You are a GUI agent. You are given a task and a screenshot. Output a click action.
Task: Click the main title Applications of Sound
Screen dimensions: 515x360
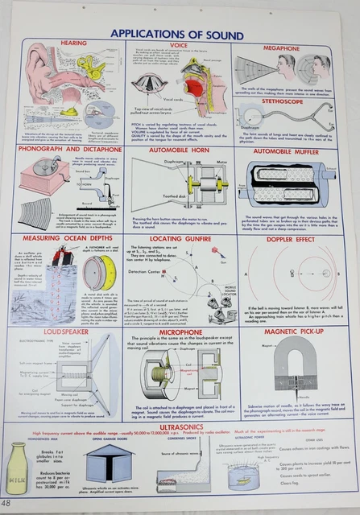181,33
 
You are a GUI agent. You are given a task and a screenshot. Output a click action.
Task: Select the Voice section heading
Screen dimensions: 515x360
180,46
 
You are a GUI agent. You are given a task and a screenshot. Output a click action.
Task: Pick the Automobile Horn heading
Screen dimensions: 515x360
180,149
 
